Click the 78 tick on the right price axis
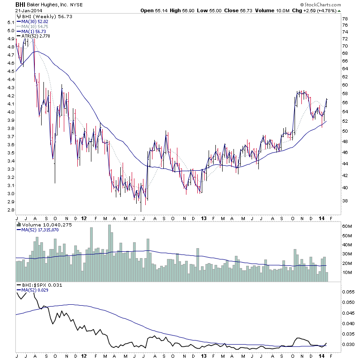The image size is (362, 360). point(345,19)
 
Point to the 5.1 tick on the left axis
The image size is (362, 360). point(10,22)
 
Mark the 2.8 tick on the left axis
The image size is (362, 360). point(10,210)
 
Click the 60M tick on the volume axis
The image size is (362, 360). point(347,226)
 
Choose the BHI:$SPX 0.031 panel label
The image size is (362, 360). point(41,285)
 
